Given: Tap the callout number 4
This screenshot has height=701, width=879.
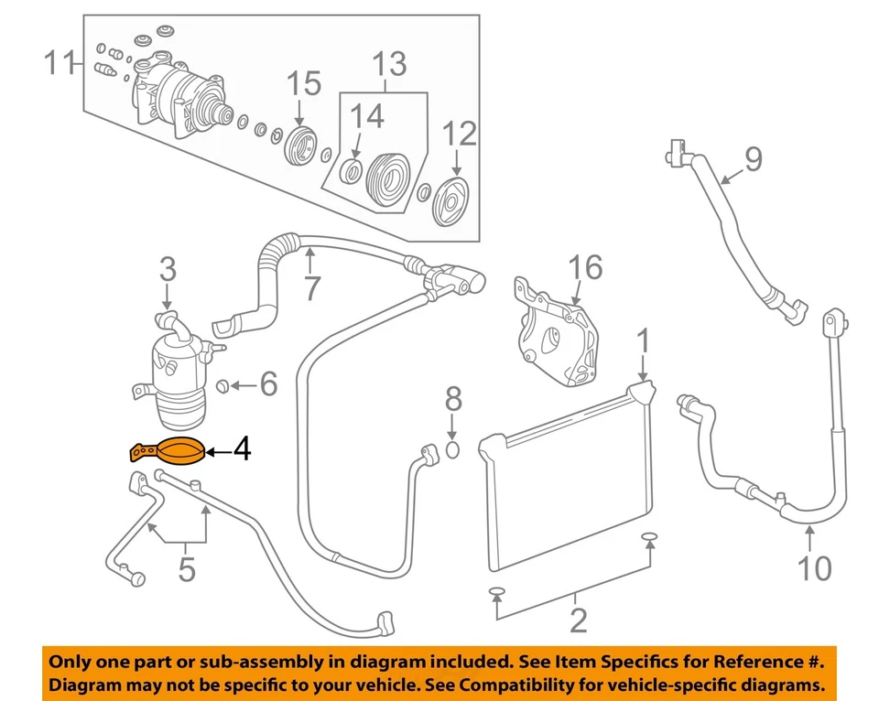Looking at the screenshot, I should pyautogui.click(x=240, y=450).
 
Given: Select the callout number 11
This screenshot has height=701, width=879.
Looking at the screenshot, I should pyautogui.click(x=61, y=64).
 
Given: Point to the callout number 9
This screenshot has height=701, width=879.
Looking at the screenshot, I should pyautogui.click(x=752, y=160).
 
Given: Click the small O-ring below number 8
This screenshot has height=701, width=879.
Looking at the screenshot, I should pyautogui.click(x=453, y=449).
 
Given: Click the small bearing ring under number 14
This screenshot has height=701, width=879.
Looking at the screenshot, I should pyautogui.click(x=350, y=170).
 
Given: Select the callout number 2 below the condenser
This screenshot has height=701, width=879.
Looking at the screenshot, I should pyautogui.click(x=577, y=620).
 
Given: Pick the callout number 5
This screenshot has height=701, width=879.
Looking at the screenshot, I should pyautogui.click(x=187, y=569).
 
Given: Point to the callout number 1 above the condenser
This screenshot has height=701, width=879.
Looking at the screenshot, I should pyautogui.click(x=644, y=341).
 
